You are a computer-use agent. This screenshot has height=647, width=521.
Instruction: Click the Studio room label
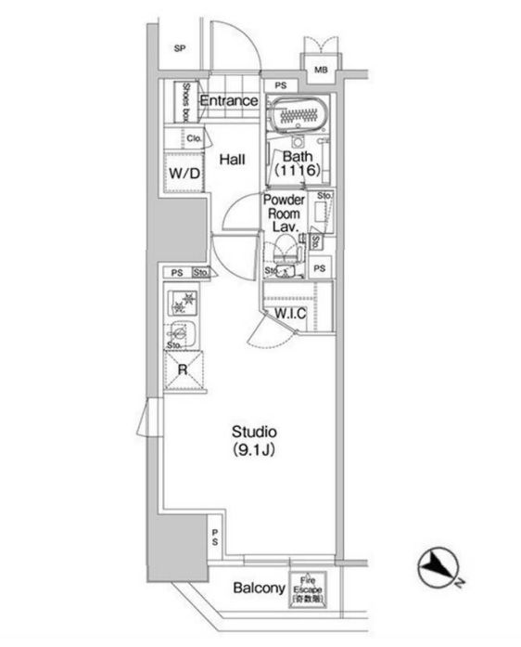pos(255,433)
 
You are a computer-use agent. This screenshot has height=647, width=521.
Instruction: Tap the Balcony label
pos(258,589)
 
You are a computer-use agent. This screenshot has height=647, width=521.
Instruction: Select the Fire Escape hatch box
pos(307,588)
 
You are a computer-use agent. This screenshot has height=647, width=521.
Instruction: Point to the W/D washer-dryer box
pos(184,174)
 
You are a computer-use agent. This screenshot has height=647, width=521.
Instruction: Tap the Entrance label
pos(228,100)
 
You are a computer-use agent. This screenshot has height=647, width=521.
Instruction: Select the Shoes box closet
pos(184,101)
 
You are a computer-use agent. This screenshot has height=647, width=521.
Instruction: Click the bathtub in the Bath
pos(299,115)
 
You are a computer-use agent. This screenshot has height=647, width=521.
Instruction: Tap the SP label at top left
pos(180,49)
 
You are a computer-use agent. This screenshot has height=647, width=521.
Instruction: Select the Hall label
pos(232,159)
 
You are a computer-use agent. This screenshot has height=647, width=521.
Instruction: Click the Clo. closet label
pos(194,138)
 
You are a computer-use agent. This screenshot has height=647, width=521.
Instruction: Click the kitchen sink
pos(183,331)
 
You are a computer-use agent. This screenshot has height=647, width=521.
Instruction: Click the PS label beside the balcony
pos(214,537)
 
